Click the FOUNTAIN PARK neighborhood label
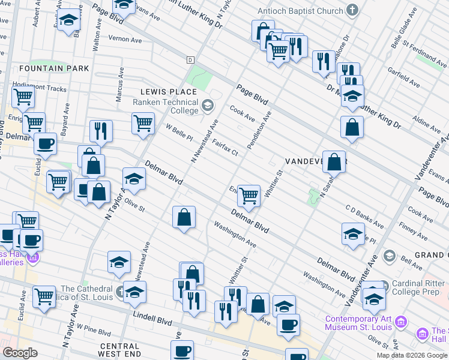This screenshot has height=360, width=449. pyautogui.click(x=53, y=68)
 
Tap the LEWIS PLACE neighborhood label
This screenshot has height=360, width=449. pyautogui.click(x=169, y=92)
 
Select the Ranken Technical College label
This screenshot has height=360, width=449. pyautogui.click(x=165, y=106)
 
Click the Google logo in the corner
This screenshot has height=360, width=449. pyautogui.click(x=20, y=352)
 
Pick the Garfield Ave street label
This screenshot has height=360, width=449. pyautogui.click(x=403, y=78)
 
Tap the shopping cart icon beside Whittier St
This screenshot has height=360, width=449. pyautogui.click(x=249, y=195)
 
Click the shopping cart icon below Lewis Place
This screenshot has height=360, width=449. pyautogui.click(x=143, y=122)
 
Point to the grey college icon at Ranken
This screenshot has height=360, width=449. pyautogui.click(x=208, y=106)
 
